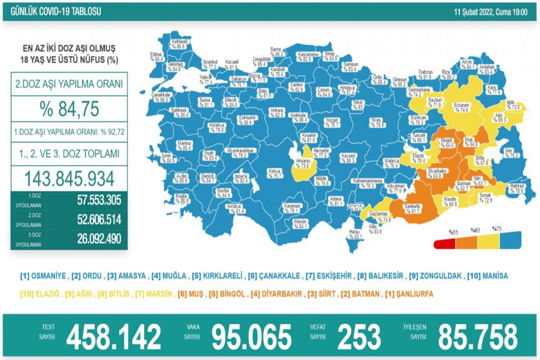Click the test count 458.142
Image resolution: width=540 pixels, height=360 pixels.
(x=113, y=337)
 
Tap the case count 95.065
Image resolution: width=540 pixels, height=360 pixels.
(x=252, y=337)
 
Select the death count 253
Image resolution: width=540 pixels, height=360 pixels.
(x=358, y=337)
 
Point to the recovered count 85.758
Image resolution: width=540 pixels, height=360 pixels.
(x=477, y=337)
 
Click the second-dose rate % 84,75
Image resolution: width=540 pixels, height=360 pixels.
(x=69, y=108)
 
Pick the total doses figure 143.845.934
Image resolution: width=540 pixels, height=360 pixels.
(x=69, y=179)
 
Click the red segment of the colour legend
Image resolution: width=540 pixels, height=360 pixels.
(x=444, y=244)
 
